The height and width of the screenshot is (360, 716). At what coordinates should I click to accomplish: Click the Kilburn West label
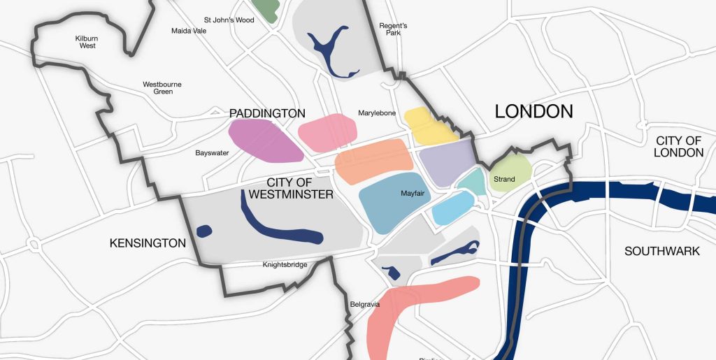[86, 42]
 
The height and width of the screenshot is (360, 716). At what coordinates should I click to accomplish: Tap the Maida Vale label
[189, 31]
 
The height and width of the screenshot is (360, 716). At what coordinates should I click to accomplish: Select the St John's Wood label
[229, 20]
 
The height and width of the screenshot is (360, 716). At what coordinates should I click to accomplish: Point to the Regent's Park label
[393, 29]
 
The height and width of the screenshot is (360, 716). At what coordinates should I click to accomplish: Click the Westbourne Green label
[162, 88]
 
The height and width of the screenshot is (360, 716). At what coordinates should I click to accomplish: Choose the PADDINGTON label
[267, 113]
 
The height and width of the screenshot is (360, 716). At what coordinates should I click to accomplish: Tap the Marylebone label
[377, 113]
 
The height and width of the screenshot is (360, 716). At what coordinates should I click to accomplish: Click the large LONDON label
[534, 111]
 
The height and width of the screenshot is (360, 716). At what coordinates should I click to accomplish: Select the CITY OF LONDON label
[678, 147]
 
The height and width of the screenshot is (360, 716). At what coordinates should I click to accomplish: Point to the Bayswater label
[212, 152]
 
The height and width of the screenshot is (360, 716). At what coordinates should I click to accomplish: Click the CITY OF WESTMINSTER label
[289, 189]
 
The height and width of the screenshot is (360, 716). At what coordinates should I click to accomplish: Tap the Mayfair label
[413, 193]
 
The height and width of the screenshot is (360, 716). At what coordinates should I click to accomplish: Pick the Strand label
[504, 180]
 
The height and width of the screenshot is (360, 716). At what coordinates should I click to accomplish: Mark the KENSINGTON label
[148, 243]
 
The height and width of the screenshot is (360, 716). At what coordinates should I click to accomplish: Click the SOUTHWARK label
[661, 251]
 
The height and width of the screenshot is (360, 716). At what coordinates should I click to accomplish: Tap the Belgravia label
[364, 305]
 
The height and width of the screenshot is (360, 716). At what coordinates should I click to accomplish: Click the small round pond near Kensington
[204, 231]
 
